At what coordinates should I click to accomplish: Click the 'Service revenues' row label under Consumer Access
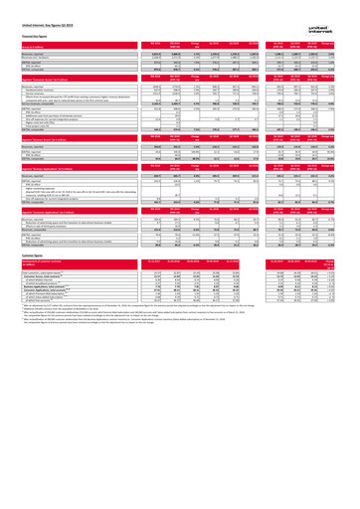coord(35,89)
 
